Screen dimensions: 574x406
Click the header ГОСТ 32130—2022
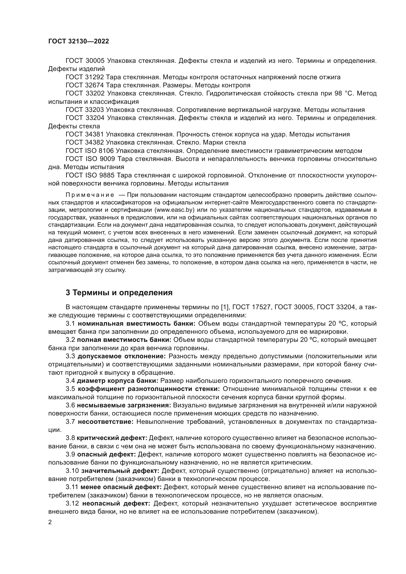[79, 41]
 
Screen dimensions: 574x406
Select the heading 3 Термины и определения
[119, 293]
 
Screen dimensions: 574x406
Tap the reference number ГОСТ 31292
[85, 77]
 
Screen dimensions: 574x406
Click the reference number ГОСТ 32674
[85, 85]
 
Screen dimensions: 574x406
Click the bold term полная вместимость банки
[124, 340]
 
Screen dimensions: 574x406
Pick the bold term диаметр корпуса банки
[118, 381]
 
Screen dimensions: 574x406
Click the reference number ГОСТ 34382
[85, 143]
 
